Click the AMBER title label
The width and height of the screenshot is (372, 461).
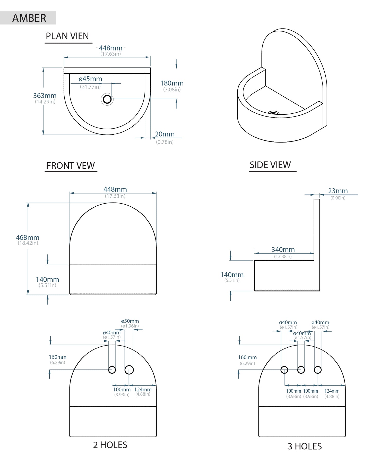(x=29, y=18)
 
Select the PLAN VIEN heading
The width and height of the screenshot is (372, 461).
(x=67, y=36)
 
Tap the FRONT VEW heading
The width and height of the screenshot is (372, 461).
(x=71, y=165)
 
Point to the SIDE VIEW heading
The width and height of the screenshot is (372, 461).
(x=270, y=165)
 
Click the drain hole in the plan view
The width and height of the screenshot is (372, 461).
(x=107, y=99)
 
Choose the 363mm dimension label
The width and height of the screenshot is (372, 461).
(x=45, y=96)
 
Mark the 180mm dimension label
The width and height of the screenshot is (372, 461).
(x=172, y=83)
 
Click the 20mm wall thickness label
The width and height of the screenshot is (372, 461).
(x=165, y=134)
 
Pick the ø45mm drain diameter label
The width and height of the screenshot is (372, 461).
(x=90, y=79)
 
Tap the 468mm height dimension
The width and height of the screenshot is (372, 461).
(x=28, y=237)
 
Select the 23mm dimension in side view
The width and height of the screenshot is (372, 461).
(x=338, y=191)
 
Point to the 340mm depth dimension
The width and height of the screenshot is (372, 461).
(x=283, y=249)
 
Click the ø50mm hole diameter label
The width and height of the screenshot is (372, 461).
(x=130, y=321)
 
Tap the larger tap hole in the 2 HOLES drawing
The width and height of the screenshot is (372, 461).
(x=129, y=370)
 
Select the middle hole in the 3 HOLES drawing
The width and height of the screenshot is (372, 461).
(x=301, y=370)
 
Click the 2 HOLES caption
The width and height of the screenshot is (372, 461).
(x=110, y=445)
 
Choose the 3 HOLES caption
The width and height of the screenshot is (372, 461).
(x=305, y=446)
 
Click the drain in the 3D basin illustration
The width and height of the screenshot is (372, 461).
(x=273, y=113)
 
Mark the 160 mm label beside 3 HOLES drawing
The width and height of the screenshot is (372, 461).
(x=247, y=357)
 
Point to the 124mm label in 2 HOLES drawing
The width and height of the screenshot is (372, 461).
(x=143, y=389)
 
